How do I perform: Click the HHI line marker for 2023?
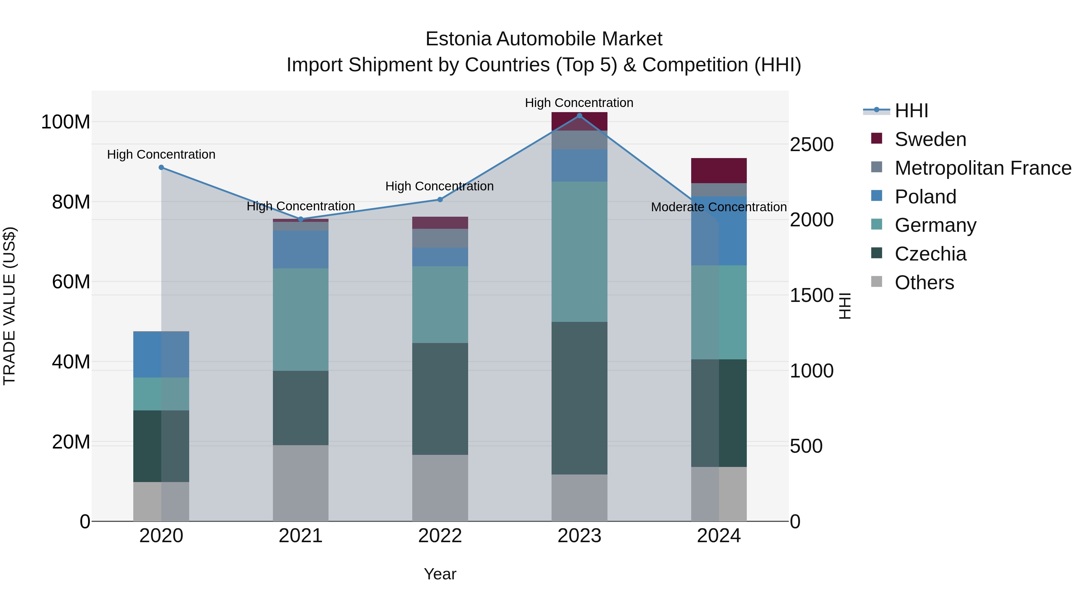[x=579, y=115]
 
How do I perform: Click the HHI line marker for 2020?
[x=161, y=167]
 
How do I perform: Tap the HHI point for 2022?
[x=440, y=199]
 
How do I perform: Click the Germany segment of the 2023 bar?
[x=579, y=252]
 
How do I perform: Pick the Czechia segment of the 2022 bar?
[x=440, y=399]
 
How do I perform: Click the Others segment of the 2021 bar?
[x=300, y=483]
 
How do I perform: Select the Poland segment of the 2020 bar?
[x=161, y=355]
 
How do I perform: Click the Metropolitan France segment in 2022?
[x=440, y=238]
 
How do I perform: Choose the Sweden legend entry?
[x=930, y=139]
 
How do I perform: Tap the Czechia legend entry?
[x=930, y=254]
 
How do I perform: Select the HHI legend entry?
[x=911, y=111]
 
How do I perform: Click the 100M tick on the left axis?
[x=66, y=122]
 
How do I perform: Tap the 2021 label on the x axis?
[x=300, y=536]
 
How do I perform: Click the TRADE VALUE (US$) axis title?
[x=9, y=306]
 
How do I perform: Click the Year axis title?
[x=440, y=574]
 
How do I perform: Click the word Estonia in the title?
[x=458, y=39]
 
